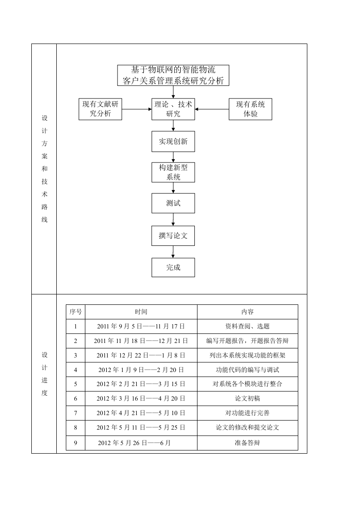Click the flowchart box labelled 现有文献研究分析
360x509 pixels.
pos(100,109)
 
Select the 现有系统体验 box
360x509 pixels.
pos(250,109)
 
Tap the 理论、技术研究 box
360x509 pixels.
pos(173,109)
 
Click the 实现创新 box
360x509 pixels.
pos(173,141)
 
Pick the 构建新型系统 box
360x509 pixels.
pos(173,172)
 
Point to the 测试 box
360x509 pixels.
pos(173,203)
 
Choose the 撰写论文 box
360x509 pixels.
pos(173,235)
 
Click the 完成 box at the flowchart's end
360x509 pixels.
pos(173,268)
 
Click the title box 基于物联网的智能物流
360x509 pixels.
pos(173,75)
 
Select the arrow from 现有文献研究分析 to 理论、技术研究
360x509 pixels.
pos(137,109)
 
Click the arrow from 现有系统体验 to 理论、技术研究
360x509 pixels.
pos(212,109)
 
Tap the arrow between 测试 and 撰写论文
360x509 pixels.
pos(173,220)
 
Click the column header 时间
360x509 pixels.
pos(141,312)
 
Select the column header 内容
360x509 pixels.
pos(247,312)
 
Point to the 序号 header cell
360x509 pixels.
pos(75,312)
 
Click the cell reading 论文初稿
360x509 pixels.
pos(247,398)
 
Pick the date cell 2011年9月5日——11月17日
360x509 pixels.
pos(141,326)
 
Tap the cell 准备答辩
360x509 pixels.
pos(247,443)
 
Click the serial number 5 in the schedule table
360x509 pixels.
pos(75,384)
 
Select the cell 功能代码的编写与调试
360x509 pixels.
pos(247,370)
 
